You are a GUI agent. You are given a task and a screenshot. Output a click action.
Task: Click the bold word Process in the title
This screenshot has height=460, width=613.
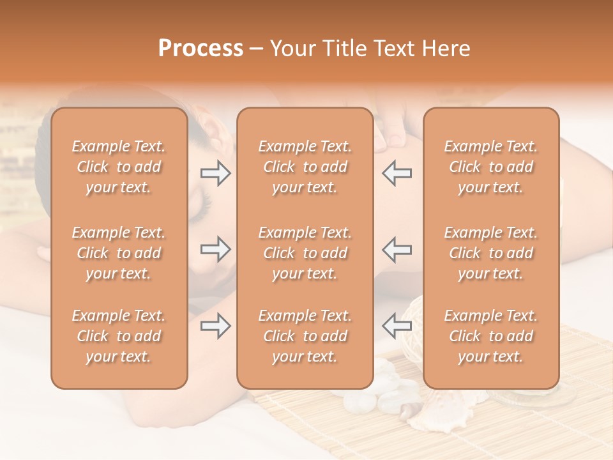pyautogui.click(x=201, y=49)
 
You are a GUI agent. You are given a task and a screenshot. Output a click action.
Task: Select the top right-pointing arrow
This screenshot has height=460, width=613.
pyautogui.click(x=215, y=173)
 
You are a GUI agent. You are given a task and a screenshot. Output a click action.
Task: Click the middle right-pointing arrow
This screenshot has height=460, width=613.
pyautogui.click(x=215, y=249)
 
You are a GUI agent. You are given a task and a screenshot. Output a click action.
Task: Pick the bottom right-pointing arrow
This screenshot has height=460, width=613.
pyautogui.click(x=215, y=326)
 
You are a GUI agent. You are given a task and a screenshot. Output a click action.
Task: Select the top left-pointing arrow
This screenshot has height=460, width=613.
pyautogui.click(x=397, y=173)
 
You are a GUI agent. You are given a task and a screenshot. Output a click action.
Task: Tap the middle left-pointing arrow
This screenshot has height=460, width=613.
pyautogui.click(x=397, y=249)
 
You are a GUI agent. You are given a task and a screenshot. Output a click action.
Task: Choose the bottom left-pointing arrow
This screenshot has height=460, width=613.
pyautogui.click(x=397, y=326)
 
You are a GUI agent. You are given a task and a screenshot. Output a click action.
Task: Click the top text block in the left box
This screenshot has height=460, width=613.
pyautogui.click(x=119, y=167)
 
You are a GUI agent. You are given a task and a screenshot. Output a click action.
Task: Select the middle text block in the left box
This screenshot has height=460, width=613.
pyautogui.click(x=119, y=253)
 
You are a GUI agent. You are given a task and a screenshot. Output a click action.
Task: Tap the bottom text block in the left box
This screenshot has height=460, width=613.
pyautogui.click(x=119, y=336)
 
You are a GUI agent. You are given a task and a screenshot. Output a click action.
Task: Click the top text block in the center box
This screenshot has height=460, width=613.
pyautogui.click(x=305, y=167)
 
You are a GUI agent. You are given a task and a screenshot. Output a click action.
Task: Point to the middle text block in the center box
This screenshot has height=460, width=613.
pyautogui.click(x=305, y=253)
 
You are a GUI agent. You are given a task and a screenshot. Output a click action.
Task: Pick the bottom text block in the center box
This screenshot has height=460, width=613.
pyautogui.click(x=305, y=336)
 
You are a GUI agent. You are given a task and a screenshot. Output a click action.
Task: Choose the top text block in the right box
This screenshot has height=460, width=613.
pyautogui.click(x=491, y=167)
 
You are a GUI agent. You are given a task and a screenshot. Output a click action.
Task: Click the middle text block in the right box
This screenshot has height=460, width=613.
pyautogui.click(x=491, y=253)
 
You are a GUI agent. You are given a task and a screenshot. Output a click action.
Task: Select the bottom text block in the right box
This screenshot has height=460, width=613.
pyautogui.click(x=491, y=336)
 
